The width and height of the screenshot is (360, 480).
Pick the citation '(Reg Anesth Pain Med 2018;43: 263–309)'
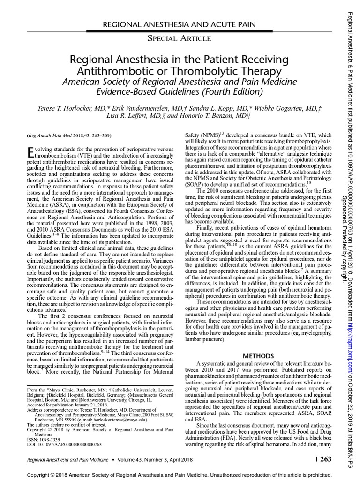pos(69,136)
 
